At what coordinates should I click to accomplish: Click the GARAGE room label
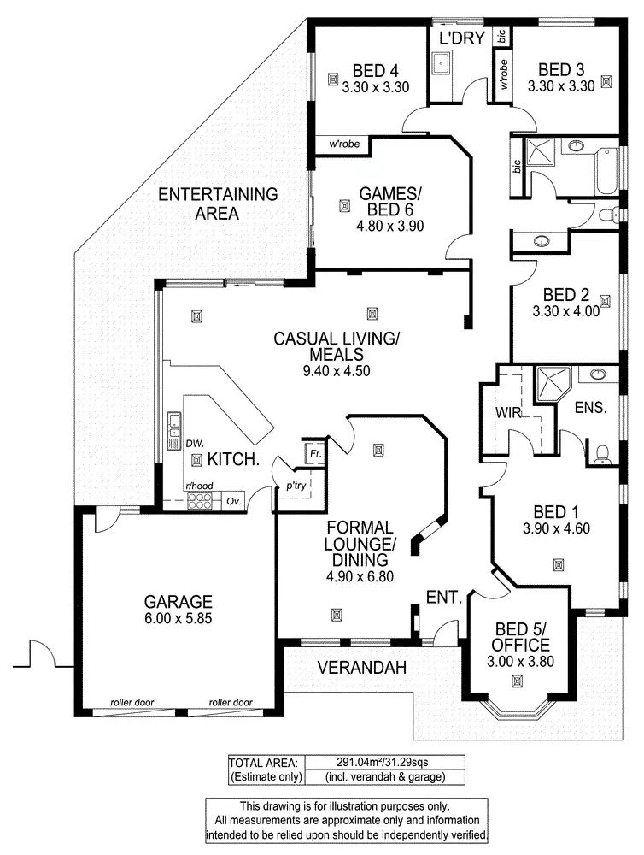tap(178, 601)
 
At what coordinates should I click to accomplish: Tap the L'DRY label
tap(462, 38)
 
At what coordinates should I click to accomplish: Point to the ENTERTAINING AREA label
tap(218, 203)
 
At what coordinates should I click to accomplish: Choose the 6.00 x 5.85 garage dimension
tap(178, 618)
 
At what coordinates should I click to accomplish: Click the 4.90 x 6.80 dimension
tap(359, 576)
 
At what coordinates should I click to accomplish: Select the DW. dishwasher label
tap(195, 444)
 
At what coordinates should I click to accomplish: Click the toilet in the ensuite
tap(601, 454)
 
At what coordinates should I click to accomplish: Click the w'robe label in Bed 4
tap(342, 144)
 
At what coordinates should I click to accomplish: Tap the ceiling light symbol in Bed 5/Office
tap(517, 681)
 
